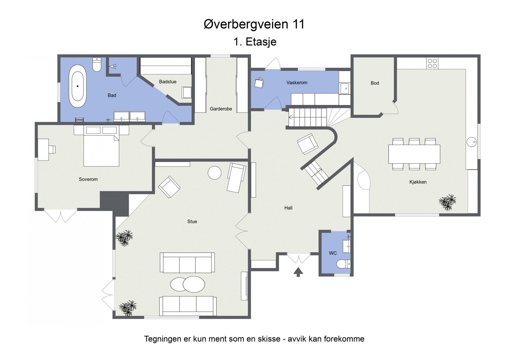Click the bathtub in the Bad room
[78, 86]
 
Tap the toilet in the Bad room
[97, 65]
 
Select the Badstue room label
[168, 82]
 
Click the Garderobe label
[221, 109]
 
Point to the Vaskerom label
[297, 83]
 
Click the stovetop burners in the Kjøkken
[432, 63]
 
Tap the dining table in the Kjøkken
[414, 154]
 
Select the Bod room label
[375, 83]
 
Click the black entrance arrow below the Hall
[298, 272]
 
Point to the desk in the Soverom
[44, 149]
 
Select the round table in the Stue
[214, 173]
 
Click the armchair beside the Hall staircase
[308, 144]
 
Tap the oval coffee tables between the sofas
[188, 284]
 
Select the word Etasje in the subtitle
[261, 42]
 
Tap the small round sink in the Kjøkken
[471, 142]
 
